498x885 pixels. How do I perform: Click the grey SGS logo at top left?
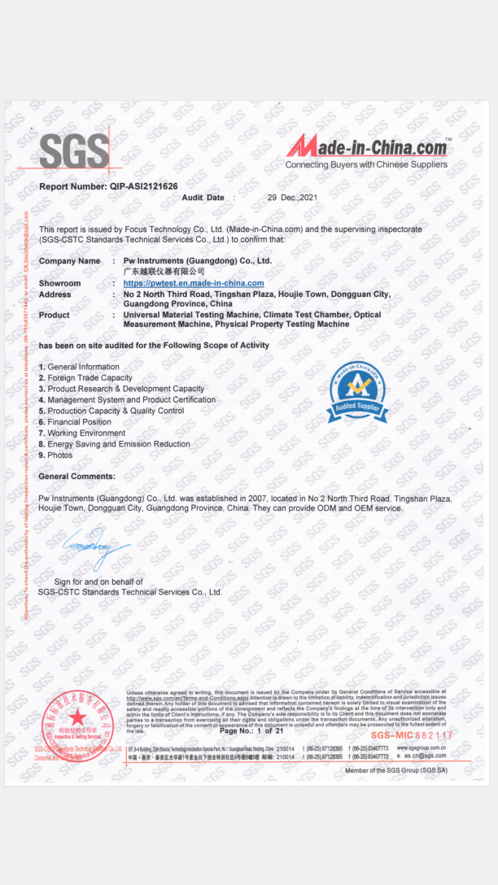[74, 150]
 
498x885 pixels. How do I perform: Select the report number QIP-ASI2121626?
[108, 186]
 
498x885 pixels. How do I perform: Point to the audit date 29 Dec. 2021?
[292, 198]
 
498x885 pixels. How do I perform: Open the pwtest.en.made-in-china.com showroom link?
[194, 283]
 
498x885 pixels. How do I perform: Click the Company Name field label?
[69, 261]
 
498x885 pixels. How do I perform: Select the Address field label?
[55, 294]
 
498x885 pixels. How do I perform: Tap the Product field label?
[54, 315]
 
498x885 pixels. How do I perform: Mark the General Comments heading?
[76, 476]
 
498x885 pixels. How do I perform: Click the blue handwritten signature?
[96, 549]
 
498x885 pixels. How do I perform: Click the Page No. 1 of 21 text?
[251, 731]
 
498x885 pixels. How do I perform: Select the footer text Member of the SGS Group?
[395, 770]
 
